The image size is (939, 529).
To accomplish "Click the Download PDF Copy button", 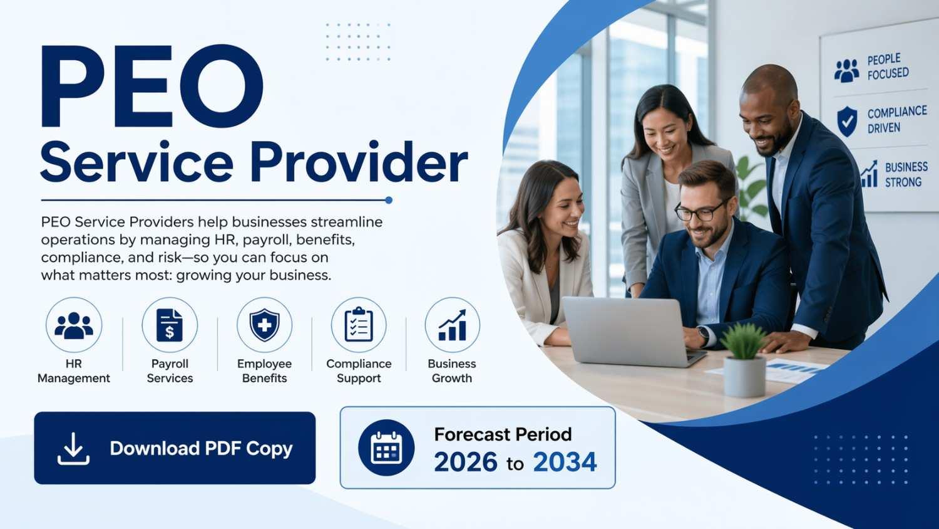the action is [x=175, y=448].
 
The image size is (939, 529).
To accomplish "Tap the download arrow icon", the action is [x=73, y=448].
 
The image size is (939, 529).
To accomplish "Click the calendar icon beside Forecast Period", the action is [x=386, y=448].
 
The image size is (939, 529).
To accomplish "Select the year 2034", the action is [x=565, y=462].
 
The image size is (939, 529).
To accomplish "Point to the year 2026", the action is [x=465, y=462].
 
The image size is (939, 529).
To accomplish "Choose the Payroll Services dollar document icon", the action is [x=170, y=325].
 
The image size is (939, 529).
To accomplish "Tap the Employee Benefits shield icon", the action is [x=265, y=325].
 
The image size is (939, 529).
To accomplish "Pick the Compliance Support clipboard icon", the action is [x=359, y=325].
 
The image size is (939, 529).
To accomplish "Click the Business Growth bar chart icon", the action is [x=453, y=325].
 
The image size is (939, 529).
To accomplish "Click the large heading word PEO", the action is [x=152, y=86].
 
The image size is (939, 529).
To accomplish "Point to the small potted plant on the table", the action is [x=744, y=360].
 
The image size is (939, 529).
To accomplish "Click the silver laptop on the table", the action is [x=631, y=332].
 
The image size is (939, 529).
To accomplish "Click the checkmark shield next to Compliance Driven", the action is [x=847, y=121].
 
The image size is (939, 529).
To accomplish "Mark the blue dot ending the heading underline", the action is [x=389, y=201].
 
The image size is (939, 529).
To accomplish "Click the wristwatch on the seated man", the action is [x=703, y=335].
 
